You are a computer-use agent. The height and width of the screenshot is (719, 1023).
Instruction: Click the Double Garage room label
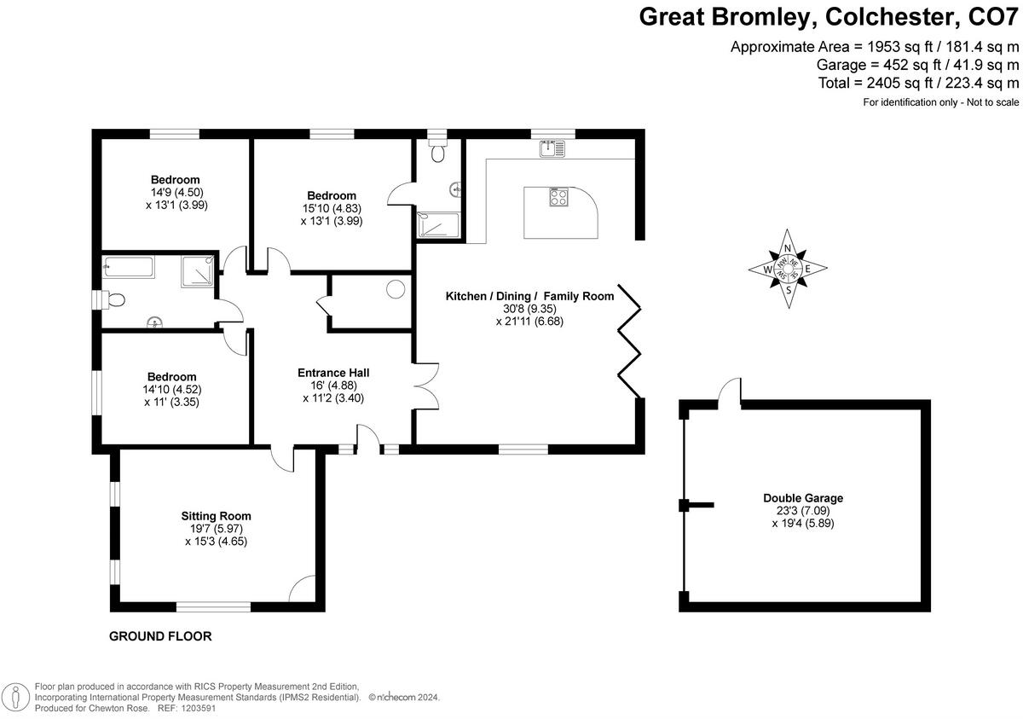(x=803, y=498)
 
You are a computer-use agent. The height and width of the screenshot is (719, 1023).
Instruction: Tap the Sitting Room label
(x=216, y=516)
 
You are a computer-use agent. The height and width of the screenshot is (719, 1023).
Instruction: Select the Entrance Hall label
(x=333, y=373)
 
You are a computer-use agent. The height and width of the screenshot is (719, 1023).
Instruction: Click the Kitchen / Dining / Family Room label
(x=529, y=297)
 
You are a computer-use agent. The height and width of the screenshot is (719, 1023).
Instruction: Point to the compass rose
(x=789, y=270)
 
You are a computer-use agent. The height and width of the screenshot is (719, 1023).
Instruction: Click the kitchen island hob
(x=558, y=197)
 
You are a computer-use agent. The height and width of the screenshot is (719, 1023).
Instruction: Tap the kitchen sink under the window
(x=552, y=149)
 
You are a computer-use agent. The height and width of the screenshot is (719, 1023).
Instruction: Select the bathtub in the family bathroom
(x=129, y=268)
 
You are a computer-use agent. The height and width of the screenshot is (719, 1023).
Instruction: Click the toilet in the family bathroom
(x=114, y=299)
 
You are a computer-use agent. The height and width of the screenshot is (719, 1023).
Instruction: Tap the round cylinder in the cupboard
(x=396, y=289)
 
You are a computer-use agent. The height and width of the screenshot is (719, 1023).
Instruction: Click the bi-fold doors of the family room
(x=632, y=341)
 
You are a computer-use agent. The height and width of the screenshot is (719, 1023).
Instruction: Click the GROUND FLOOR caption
(x=160, y=636)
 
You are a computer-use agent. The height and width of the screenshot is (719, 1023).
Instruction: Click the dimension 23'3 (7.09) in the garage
(x=803, y=511)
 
